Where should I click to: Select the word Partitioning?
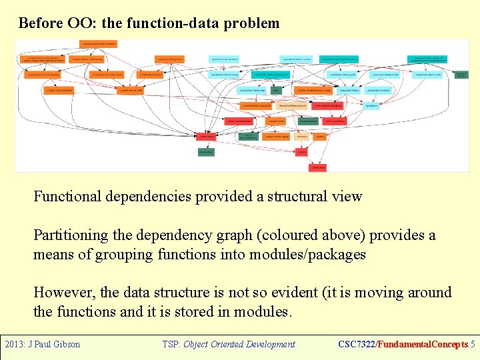70,235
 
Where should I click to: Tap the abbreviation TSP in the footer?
171,345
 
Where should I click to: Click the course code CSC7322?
357,345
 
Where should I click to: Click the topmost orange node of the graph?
99,44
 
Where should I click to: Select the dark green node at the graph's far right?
461,75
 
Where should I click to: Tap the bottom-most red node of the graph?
319,167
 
